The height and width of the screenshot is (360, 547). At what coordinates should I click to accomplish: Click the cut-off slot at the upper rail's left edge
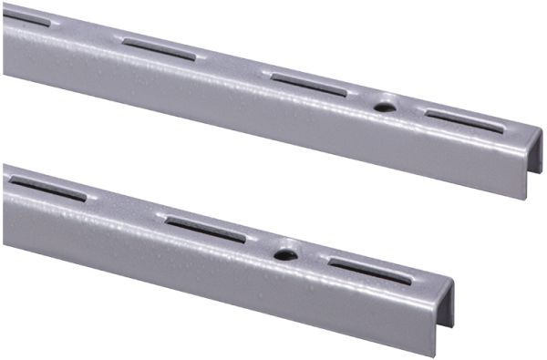coord(26,17)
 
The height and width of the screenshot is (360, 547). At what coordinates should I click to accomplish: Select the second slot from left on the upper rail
coord(159,48)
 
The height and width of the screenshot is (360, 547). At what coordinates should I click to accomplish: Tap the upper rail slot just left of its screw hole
coord(309,85)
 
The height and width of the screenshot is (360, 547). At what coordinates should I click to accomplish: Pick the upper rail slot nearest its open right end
coord(463,120)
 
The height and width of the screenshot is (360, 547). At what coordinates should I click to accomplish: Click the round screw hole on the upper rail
coord(385,107)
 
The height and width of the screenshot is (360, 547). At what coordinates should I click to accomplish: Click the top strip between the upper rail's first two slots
coord(87,31)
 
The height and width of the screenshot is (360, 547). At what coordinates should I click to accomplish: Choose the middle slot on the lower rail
coord(205,229)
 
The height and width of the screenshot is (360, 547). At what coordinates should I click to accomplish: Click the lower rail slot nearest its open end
coord(369,270)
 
